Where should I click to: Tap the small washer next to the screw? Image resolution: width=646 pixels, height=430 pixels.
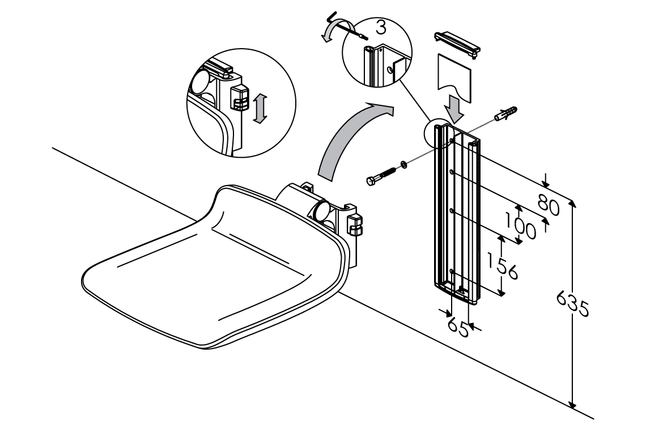pyautogui.click(x=403, y=164)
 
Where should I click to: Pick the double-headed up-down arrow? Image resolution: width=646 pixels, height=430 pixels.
pyautogui.click(x=260, y=109)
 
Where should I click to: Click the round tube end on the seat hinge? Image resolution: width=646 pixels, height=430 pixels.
pyautogui.click(x=321, y=210)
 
